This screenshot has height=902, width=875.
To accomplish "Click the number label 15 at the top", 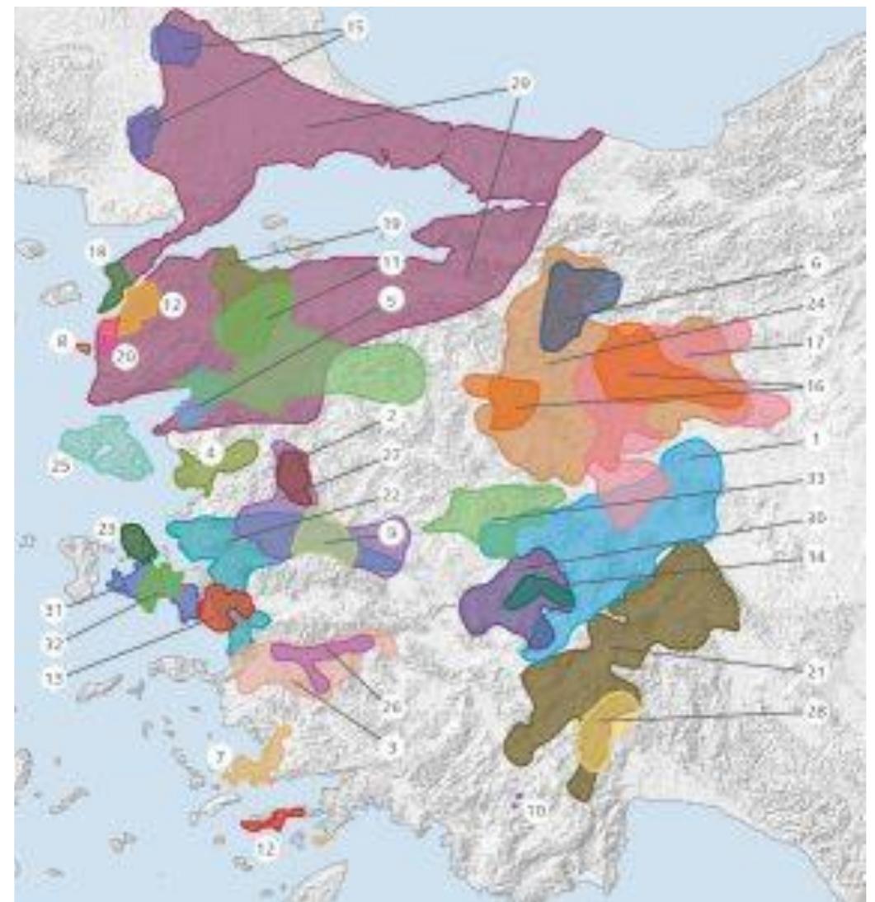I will click(354, 29).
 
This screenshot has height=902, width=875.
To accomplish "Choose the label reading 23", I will click(105, 532).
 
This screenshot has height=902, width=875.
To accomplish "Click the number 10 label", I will click(537, 810).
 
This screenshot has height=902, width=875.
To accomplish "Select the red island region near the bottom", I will click(272, 819).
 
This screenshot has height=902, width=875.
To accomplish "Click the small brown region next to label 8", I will click(82, 348).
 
